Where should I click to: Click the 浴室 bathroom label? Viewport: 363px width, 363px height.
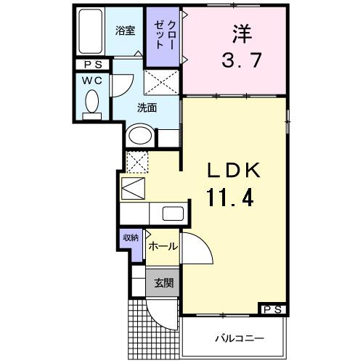[126, 30]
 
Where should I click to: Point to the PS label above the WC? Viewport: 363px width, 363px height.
[93, 65]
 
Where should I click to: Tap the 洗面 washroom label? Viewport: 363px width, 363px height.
[147, 109]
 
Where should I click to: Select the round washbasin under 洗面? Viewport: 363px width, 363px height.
[139, 136]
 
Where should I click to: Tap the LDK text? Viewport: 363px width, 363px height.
[234, 172]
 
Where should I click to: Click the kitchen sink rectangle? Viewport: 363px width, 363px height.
[173, 214]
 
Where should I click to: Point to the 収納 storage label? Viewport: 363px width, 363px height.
[131, 238]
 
